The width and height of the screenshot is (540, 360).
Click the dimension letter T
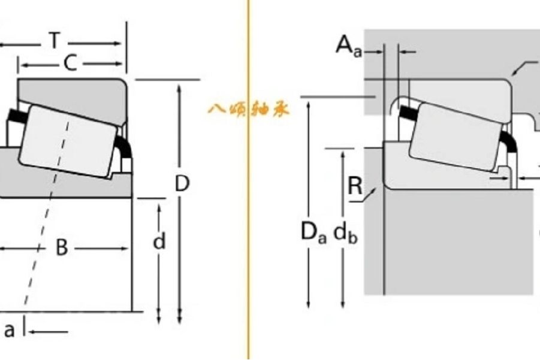coord(55,40)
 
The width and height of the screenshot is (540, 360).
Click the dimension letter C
coord(71,63)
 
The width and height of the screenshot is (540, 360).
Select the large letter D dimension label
coord(182,183)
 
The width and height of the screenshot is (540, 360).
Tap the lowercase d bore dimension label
coord(159,241)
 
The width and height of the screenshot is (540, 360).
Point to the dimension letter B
coord(62,247)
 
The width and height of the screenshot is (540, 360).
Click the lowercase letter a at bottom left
coord(10,331)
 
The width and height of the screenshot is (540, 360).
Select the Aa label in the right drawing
coord(349,46)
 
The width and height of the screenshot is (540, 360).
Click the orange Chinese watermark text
coord(249,110)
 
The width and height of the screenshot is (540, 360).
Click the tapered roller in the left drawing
coord(68,141)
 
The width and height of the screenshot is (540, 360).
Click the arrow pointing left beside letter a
coord(48,332)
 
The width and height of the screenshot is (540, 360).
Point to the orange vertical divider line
coord(249,180)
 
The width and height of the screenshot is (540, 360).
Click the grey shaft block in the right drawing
coord(458,241)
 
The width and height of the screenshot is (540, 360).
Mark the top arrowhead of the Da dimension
coord(308,105)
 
